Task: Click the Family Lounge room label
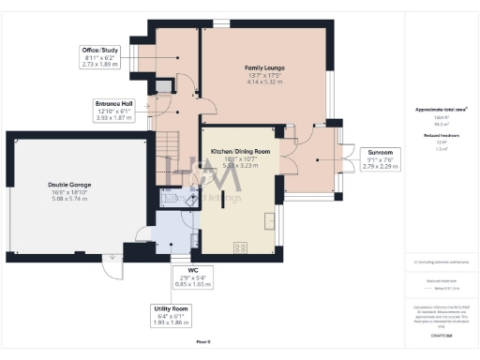tap(265, 68)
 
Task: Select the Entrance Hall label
tap(114, 102)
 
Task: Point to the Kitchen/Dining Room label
tap(240, 151)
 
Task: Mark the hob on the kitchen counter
tap(240, 247)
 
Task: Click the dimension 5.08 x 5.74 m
tap(67, 200)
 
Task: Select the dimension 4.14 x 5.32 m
tap(265, 83)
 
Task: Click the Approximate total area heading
tap(441, 110)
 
